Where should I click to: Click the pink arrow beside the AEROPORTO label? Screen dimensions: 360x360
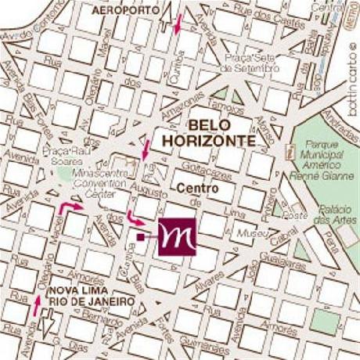pos(178,23)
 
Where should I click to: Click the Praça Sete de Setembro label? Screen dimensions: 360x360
pos(250,63)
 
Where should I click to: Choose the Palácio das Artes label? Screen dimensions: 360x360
pos(333,214)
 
